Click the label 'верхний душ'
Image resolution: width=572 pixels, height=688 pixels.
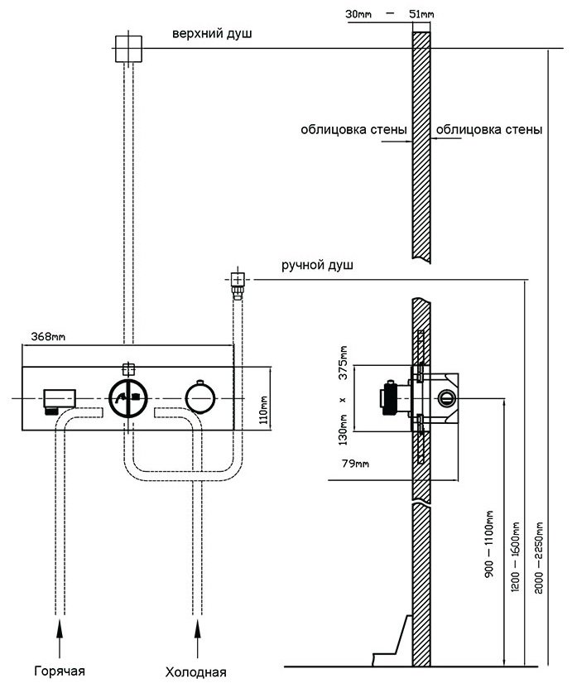(212, 34)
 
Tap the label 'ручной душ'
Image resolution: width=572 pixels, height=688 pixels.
(317, 265)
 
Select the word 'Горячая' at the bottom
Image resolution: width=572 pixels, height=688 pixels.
(60, 671)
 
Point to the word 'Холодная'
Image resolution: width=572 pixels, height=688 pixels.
(195, 671)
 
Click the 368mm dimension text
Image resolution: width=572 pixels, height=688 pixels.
(48, 336)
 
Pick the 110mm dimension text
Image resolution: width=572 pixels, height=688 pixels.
(263, 410)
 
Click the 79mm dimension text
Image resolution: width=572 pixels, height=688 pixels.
(355, 464)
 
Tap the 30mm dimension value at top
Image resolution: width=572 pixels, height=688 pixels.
(358, 14)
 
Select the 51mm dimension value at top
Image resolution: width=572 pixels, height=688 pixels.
(421, 14)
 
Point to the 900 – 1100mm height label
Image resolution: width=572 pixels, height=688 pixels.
(489, 544)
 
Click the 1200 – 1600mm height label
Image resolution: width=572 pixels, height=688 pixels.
(515, 557)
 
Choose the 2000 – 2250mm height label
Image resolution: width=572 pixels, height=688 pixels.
(539, 558)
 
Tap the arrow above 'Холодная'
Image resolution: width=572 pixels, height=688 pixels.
(197, 638)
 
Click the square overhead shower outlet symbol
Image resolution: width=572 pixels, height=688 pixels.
(128, 48)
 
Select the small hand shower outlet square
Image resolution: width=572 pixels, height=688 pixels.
(238, 279)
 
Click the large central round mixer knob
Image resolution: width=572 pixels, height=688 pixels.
(128, 398)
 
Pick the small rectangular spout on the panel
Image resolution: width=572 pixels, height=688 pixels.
(60, 399)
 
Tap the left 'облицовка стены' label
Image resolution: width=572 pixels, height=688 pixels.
(353, 129)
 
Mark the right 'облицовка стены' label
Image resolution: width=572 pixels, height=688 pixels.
(489, 129)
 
